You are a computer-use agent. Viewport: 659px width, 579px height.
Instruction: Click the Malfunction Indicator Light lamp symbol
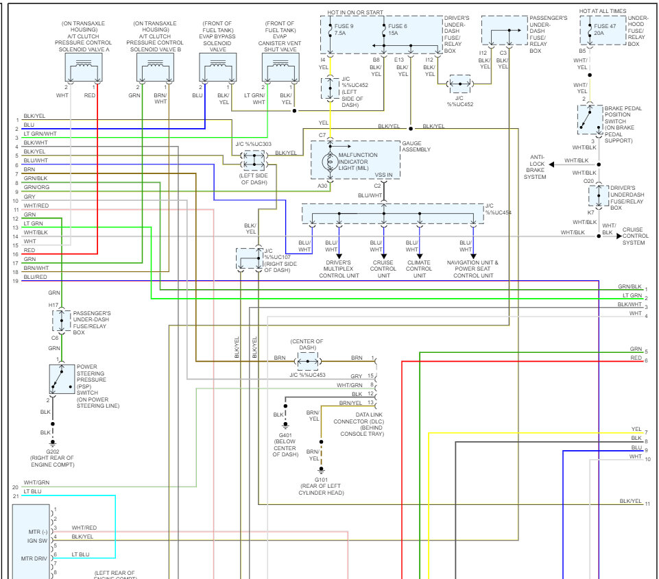329,163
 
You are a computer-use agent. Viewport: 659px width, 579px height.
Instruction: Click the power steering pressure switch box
62,379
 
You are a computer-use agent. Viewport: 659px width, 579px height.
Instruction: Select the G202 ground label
52,452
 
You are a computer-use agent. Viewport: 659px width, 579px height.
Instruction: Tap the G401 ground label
285,434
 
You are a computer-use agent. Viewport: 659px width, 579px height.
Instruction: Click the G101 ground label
321,480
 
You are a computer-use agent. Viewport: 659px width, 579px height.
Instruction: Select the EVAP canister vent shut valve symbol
280,67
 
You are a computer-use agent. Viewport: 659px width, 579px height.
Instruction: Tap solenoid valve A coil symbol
83,67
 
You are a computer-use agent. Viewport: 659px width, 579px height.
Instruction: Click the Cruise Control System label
634,236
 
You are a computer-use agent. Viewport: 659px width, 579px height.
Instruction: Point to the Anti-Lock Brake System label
536,167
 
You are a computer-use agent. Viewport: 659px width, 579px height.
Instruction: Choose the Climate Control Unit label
418,269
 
